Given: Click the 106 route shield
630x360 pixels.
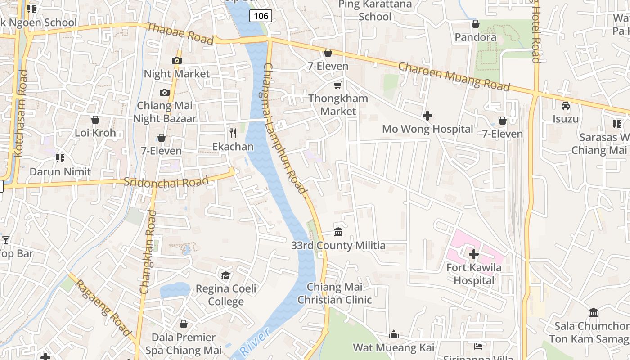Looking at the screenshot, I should (x=261, y=16).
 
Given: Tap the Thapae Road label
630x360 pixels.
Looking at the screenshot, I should (x=180, y=33).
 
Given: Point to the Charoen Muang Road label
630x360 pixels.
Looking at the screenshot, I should (x=454, y=76).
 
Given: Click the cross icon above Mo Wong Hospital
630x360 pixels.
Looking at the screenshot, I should (x=427, y=116).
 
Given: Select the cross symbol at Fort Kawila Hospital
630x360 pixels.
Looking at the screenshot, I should (x=473, y=254).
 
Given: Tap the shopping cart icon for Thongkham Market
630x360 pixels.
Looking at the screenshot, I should (x=337, y=85).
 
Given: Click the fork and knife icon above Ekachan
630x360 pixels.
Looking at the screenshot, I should (x=233, y=133).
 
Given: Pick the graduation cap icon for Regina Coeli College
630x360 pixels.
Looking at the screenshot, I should (x=225, y=275).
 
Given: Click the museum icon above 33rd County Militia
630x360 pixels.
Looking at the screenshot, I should (x=338, y=232).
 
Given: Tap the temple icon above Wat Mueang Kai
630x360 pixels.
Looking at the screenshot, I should (x=394, y=334).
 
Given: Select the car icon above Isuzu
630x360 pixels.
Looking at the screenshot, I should (x=566, y=106).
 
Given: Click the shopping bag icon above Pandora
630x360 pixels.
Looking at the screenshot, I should (x=475, y=24).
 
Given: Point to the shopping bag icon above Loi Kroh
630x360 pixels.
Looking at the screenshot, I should (x=95, y=120).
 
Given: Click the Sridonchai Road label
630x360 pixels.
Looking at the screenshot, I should (x=166, y=182).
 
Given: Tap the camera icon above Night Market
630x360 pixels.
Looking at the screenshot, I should (x=176, y=60).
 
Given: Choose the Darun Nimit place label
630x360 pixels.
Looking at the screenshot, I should (x=60, y=171).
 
